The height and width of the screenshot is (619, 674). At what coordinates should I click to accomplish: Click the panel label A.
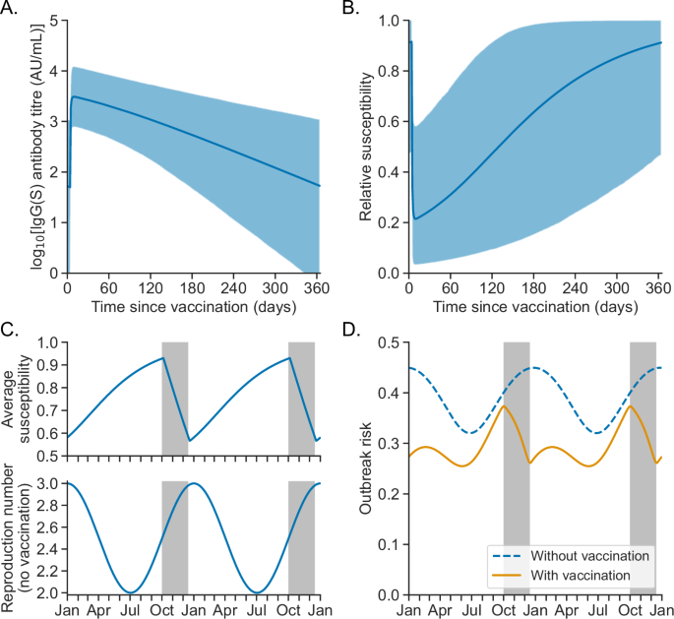click(11, 10)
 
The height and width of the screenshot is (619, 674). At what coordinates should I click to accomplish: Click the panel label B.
click(347, 10)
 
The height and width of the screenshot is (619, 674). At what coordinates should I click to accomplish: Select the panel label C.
click(11, 333)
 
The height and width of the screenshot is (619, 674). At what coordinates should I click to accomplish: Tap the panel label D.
click(347, 333)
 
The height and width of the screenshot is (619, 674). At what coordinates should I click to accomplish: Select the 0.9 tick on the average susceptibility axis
click(50, 365)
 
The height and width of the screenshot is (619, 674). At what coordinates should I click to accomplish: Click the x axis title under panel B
click(533, 307)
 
